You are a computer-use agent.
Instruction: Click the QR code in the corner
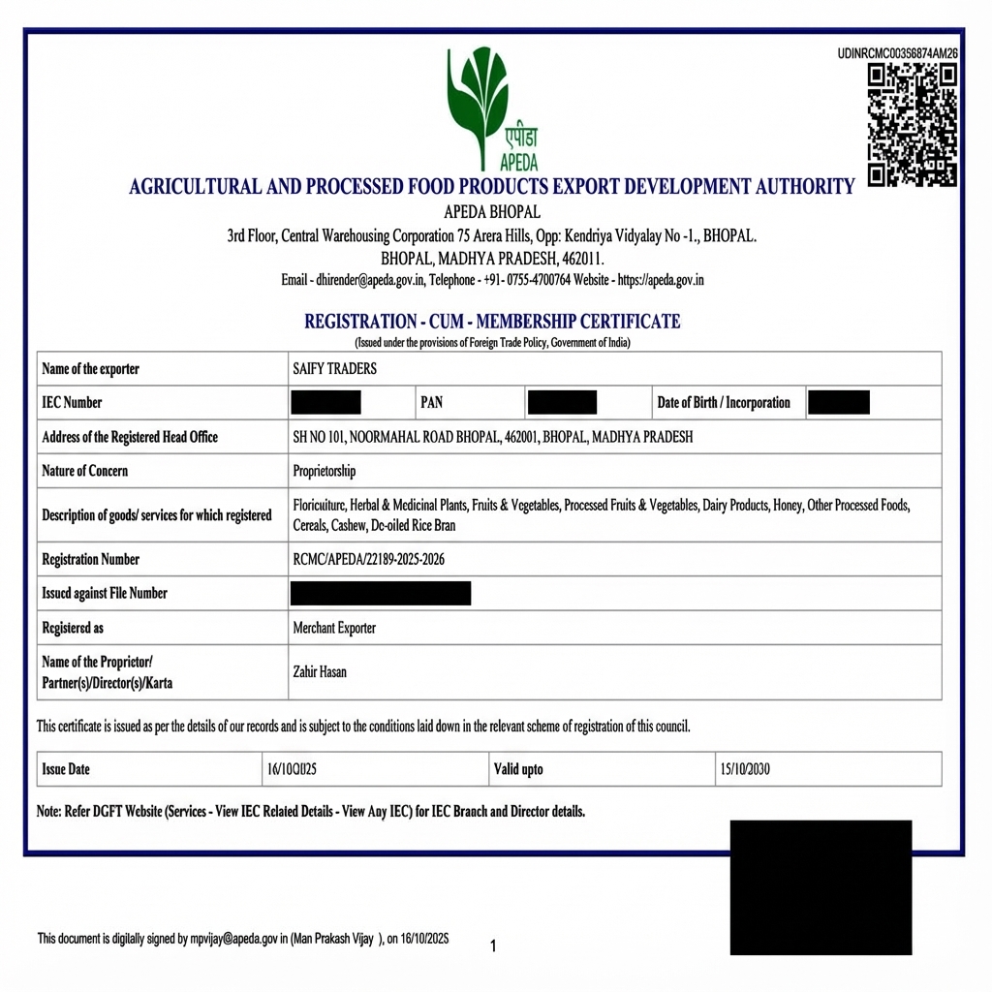[x=912, y=125]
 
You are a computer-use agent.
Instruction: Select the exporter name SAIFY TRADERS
[x=334, y=369]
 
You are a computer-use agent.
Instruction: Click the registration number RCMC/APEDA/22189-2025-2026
[x=369, y=559]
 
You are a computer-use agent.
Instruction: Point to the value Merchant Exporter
[x=334, y=628]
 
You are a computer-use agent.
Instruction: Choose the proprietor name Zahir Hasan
[x=320, y=671]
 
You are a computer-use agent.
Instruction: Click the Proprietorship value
[x=325, y=471]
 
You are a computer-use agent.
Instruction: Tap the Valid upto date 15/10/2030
[x=744, y=769]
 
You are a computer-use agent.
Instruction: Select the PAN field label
[x=431, y=403]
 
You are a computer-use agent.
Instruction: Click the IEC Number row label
[x=72, y=403]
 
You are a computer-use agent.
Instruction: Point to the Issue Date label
[x=66, y=769]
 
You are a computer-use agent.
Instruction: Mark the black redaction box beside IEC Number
[x=326, y=403]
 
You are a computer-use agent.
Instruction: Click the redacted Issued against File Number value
[x=381, y=593]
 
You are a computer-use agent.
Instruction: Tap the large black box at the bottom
[x=821, y=887]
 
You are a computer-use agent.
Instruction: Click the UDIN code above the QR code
[x=897, y=53]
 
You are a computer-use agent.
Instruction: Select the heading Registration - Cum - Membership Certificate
[x=492, y=322]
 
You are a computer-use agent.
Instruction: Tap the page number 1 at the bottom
[x=493, y=945]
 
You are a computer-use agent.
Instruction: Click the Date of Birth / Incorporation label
[x=724, y=403]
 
